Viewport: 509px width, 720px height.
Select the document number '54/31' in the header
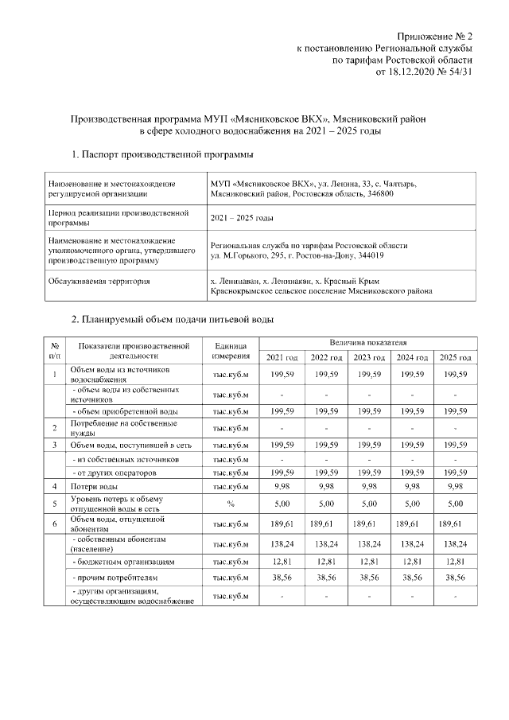tap(460, 71)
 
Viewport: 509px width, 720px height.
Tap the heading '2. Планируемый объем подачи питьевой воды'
tap(173, 320)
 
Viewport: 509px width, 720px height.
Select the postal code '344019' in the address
tap(369, 255)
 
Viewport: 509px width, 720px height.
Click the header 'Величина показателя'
tap(369, 341)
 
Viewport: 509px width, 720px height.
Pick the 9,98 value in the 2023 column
tap(369, 485)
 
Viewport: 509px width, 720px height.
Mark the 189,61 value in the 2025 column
tap(452, 523)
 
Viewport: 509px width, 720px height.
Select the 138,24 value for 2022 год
tap(326, 543)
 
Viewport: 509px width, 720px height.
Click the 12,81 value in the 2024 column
tap(413, 562)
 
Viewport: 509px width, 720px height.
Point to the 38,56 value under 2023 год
tap(369, 578)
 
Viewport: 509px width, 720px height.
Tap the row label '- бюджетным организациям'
tap(119, 562)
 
